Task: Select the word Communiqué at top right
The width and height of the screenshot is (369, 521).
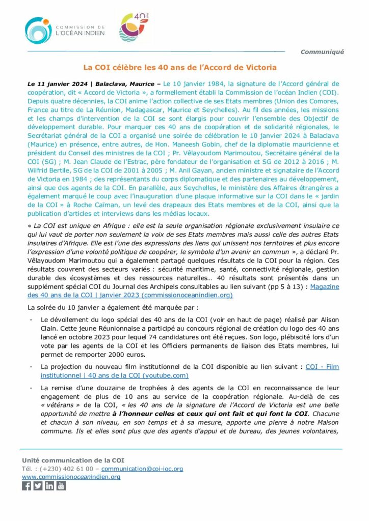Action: click(x=322, y=51)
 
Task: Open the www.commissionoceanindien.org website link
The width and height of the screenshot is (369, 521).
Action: click(x=71, y=477)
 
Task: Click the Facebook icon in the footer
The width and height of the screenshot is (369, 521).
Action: click(x=27, y=486)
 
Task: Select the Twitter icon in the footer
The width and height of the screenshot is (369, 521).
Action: click(x=38, y=486)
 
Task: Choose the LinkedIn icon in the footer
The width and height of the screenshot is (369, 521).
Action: click(x=49, y=486)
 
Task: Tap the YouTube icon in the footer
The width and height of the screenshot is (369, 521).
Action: click(x=61, y=486)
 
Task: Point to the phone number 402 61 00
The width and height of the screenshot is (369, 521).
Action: click(x=79, y=469)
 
